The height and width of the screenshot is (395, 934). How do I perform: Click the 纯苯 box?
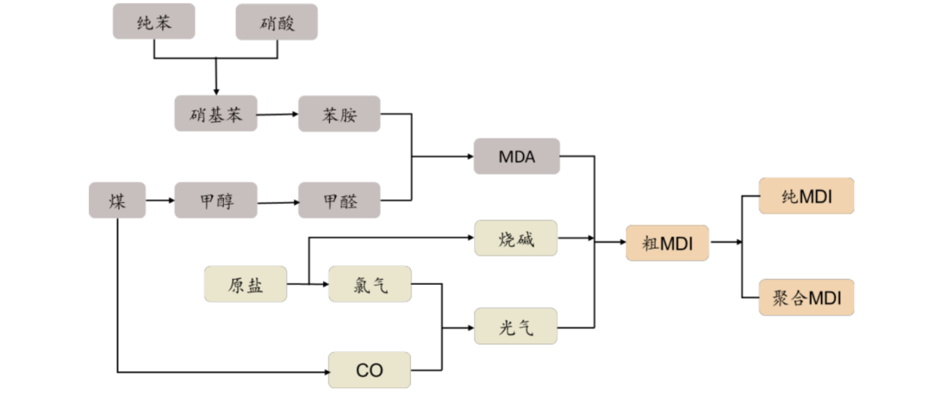[x=154, y=21]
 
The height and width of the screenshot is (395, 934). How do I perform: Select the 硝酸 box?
[x=277, y=21]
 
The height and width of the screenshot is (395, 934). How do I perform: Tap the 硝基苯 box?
[x=216, y=114]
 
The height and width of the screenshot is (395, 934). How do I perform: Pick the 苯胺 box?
[x=339, y=114]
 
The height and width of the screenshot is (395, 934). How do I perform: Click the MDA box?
[x=517, y=156]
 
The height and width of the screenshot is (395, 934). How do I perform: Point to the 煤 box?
[x=117, y=200]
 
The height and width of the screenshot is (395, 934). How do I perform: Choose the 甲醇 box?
[x=216, y=200]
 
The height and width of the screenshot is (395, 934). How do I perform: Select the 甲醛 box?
[x=339, y=200]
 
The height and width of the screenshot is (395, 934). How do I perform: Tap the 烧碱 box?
[x=516, y=238]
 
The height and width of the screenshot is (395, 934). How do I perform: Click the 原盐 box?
[x=245, y=284]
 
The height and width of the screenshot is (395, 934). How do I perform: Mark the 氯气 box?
[x=370, y=284]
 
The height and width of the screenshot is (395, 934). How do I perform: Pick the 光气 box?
[x=516, y=326]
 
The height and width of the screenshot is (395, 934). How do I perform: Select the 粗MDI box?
[x=667, y=243]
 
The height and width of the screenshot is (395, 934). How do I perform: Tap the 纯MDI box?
[x=806, y=195]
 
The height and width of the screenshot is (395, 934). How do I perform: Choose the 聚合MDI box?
[x=806, y=297]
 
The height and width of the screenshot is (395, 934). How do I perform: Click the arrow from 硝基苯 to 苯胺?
[x=278, y=114]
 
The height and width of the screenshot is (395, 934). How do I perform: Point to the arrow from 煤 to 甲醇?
[x=160, y=200]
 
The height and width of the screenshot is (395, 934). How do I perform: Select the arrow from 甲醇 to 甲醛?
[x=278, y=200]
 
